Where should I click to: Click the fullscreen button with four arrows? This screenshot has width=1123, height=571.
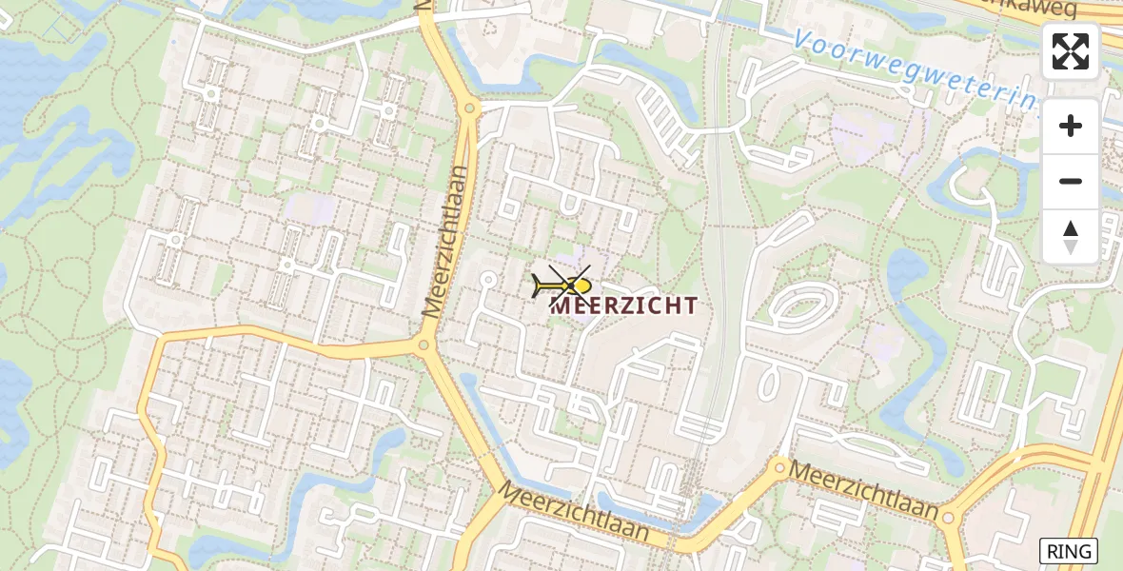pos(1071,51)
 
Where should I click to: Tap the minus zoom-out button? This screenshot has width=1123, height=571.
pos(1071,182)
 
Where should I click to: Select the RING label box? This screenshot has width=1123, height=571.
pos(1069,550)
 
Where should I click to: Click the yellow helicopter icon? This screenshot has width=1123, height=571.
pos(564,285)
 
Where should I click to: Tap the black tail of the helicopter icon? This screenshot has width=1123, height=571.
pos(540,285)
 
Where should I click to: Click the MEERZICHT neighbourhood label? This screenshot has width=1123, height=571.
pos(624,305)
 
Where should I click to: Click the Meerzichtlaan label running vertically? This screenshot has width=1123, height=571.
pos(446,242)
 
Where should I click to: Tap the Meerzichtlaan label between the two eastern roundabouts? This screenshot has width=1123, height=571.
pos(864,489)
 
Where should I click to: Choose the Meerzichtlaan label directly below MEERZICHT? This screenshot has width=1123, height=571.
pos(574,514)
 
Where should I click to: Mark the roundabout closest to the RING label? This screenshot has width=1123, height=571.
pos(948,519)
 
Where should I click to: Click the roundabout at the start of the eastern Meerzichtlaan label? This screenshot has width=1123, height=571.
pos(779,466)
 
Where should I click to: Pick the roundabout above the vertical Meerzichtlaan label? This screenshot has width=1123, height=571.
pos(468,108)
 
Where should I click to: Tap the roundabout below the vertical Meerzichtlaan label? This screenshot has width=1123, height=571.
pos(424,345)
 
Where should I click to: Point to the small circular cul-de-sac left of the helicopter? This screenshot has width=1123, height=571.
pos(488,279)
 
